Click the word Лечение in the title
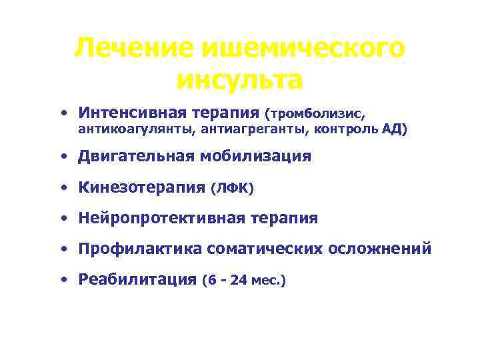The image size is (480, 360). click(x=124, y=48)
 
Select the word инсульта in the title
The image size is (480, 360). click(x=240, y=80)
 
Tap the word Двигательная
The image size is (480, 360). click(x=136, y=157)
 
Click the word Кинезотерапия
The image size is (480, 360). click(x=141, y=188)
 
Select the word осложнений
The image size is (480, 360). click(x=380, y=249)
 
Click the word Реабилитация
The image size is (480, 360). click(x=137, y=279)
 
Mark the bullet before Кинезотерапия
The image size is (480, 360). click(x=62, y=188)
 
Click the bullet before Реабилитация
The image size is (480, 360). click(x=62, y=279)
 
